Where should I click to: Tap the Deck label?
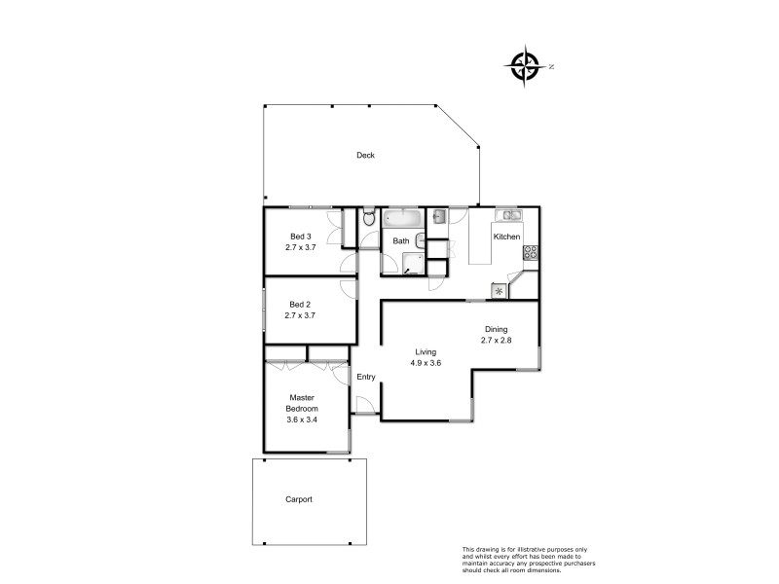click(365, 156)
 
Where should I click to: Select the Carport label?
click(299, 499)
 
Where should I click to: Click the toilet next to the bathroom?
click(367, 221)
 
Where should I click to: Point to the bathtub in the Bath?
click(401, 217)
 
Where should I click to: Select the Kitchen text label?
click(506, 237)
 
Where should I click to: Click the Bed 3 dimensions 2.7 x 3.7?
click(301, 247)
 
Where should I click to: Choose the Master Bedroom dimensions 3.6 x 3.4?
click(302, 420)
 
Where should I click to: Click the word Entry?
click(366, 377)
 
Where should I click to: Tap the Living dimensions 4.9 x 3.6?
click(426, 363)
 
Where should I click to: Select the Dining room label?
click(496, 329)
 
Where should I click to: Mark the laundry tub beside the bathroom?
click(438, 216)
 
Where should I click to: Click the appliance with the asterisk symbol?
click(501, 290)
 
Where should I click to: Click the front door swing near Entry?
click(364, 406)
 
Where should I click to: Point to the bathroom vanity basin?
click(419, 240)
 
